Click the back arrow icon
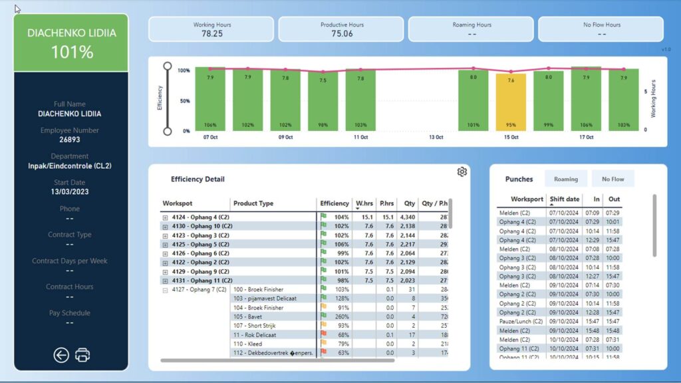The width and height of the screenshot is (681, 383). pyautogui.click(x=61, y=355)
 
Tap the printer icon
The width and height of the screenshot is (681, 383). pyautogui.click(x=82, y=355)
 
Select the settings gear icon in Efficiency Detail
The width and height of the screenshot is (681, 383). pyautogui.click(x=462, y=172)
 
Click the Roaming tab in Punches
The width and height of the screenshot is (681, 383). pyautogui.click(x=566, y=179)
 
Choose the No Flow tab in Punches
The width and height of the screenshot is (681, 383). pyautogui.click(x=613, y=179)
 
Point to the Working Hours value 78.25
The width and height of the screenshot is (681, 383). pyautogui.click(x=212, y=33)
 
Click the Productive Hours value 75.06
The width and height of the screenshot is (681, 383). pyautogui.click(x=342, y=33)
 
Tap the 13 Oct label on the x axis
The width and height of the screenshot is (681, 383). pyautogui.click(x=436, y=137)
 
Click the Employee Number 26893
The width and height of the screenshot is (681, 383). pyautogui.click(x=70, y=140)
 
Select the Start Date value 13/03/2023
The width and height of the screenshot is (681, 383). pyautogui.click(x=70, y=191)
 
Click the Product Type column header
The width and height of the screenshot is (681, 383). pyautogui.click(x=253, y=203)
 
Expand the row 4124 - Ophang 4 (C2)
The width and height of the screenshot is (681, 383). pyautogui.click(x=166, y=217)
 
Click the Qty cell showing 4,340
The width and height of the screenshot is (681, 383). pyautogui.click(x=408, y=217)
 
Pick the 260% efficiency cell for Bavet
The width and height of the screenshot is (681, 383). pyautogui.click(x=340, y=317)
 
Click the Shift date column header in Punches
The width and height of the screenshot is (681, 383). pyautogui.click(x=565, y=199)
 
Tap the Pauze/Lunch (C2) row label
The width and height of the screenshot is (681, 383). pyautogui.click(x=521, y=321)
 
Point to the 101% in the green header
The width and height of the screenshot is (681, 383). pyautogui.click(x=71, y=52)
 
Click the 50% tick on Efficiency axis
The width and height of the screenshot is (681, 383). pyautogui.click(x=184, y=101)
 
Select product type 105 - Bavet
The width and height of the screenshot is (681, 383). pyautogui.click(x=248, y=317)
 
